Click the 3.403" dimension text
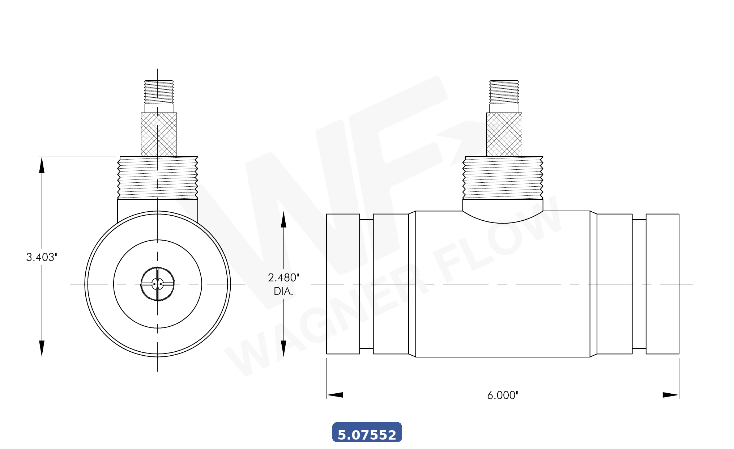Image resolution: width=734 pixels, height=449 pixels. click(x=42, y=257)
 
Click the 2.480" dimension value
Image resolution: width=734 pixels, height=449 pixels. click(x=283, y=278)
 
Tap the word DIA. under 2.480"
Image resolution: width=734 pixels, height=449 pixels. click(x=283, y=291)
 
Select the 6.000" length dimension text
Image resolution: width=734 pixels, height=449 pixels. click(x=502, y=395)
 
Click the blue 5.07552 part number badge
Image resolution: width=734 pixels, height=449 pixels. click(x=367, y=432)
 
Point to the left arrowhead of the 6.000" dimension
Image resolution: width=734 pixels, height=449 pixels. click(x=334, y=395)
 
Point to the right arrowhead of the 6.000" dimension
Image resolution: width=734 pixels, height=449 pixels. click(x=671, y=395)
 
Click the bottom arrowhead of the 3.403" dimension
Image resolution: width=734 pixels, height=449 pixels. click(x=42, y=348)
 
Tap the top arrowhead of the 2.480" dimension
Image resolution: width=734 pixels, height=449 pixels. click(x=283, y=220)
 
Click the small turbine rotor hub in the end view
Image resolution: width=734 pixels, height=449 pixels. click(x=158, y=284)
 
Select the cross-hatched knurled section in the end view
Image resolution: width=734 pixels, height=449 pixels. click(x=159, y=134)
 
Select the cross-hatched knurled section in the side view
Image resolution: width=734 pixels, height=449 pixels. click(x=504, y=134)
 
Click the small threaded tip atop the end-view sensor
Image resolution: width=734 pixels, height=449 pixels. click(x=159, y=92)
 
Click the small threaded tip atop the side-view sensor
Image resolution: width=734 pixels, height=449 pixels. click(x=504, y=92)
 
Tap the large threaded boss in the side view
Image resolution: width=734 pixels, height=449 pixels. click(x=503, y=178)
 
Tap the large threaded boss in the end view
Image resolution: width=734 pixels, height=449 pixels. click(x=158, y=178)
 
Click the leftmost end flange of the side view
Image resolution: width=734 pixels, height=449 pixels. click(x=343, y=284)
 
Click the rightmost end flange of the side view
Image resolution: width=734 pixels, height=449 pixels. click(x=662, y=284)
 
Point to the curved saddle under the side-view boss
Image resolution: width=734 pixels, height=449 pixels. click(x=503, y=217)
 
